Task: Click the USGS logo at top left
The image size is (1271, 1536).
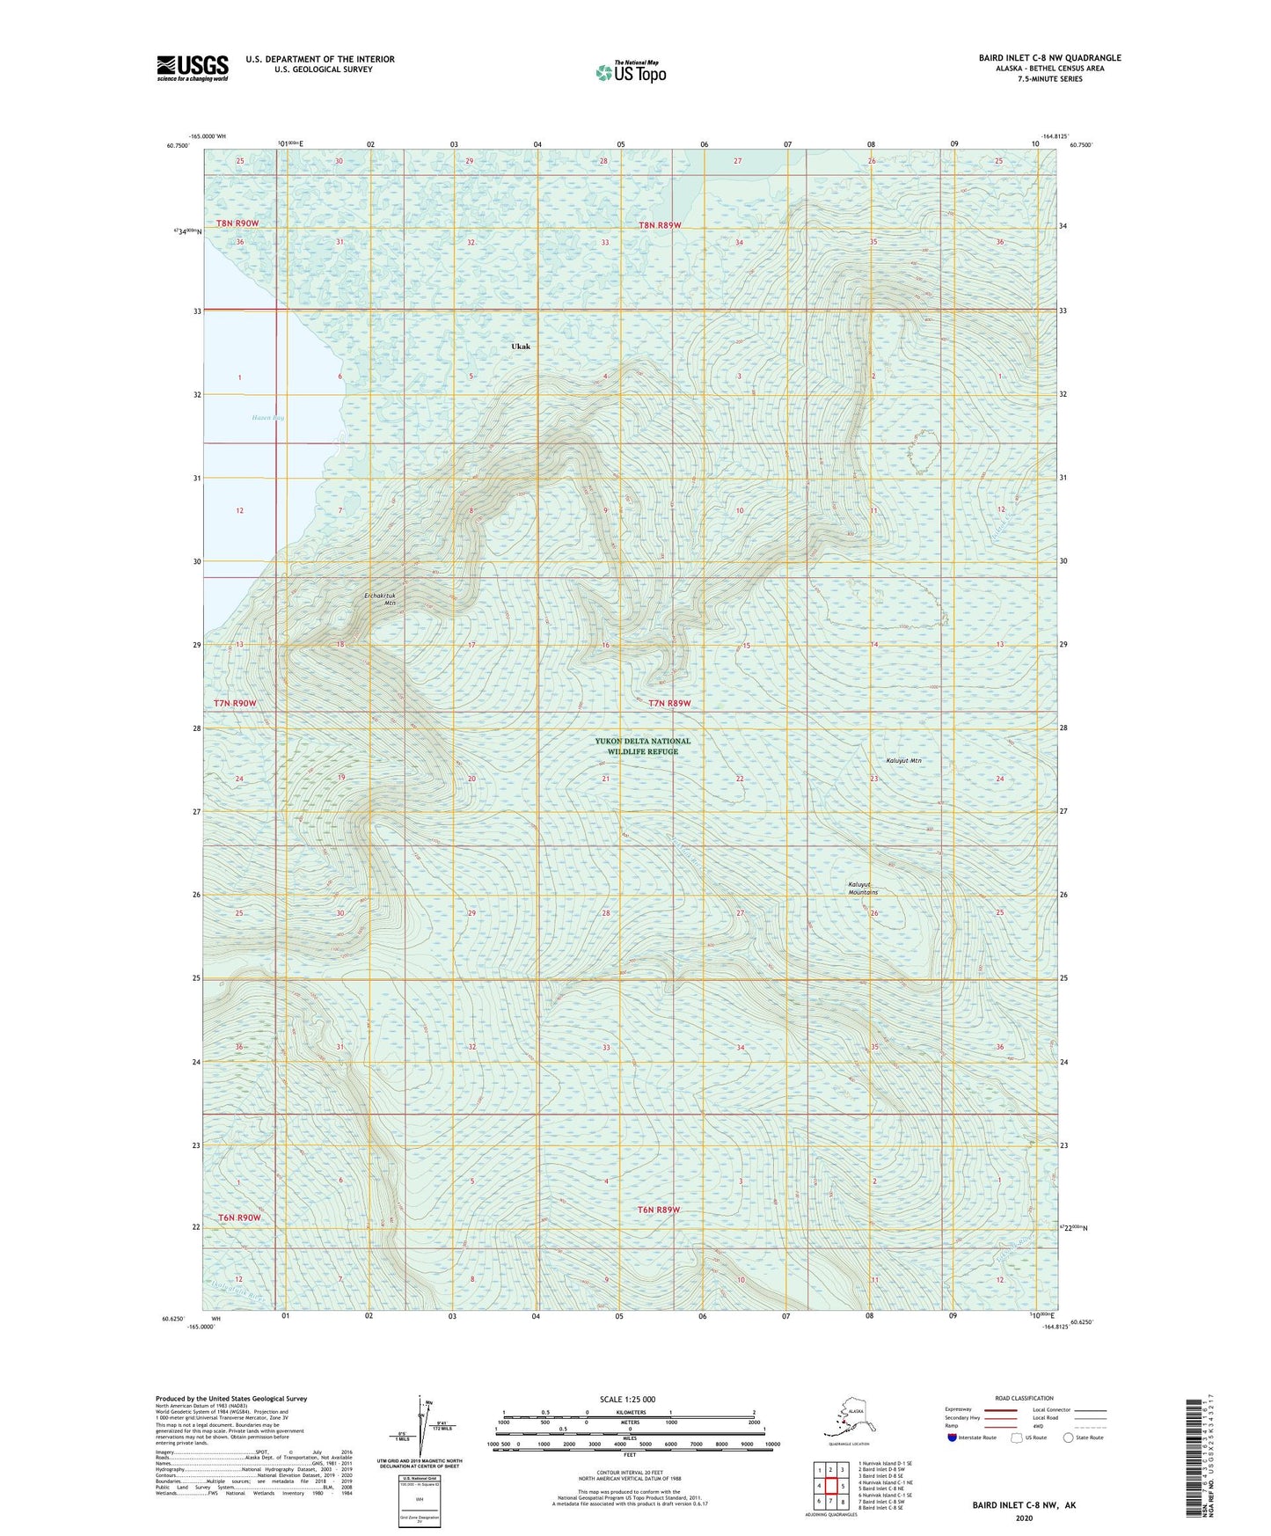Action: coord(193,68)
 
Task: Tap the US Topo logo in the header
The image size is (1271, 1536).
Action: coord(631,71)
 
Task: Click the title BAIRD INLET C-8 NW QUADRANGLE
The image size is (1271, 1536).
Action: coord(1049,58)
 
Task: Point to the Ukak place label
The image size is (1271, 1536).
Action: coord(521,347)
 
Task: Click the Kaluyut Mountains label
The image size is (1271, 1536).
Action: coord(863,889)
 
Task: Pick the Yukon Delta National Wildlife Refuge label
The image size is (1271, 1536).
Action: coord(642,746)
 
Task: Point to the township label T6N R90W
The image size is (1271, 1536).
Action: coord(237,1218)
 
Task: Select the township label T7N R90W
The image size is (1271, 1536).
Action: coord(235,704)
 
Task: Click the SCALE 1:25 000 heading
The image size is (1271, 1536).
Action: coord(628,1399)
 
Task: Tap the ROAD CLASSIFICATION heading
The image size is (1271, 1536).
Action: coord(1024,1398)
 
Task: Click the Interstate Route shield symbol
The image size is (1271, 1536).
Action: coord(952,1437)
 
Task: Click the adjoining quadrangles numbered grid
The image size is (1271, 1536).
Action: coord(830,1488)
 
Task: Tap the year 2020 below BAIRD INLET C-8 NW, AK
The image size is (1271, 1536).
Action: coord(1024,1518)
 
